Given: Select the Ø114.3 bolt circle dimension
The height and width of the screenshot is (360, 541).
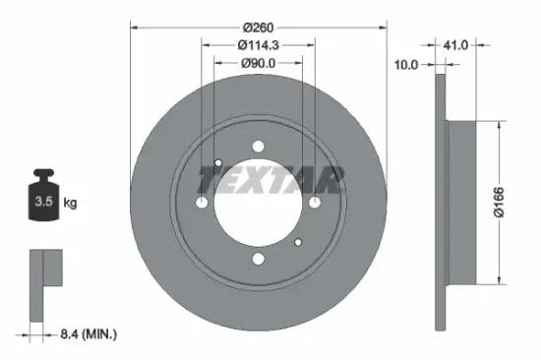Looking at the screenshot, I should coord(259,45).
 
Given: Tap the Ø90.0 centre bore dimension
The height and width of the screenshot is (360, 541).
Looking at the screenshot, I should coord(259,64).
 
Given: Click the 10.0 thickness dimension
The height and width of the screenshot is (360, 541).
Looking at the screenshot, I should coord(406,65).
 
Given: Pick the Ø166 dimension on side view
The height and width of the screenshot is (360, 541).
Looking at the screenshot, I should coord(514,203).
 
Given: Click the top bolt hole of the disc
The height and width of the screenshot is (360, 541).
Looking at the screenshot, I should coord(258,147).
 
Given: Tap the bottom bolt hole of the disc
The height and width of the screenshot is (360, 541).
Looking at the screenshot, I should coord(258,259).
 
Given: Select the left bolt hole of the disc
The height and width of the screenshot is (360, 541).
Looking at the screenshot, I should coord(202,203).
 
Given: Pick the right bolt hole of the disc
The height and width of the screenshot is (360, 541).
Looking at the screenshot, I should coord(315,203).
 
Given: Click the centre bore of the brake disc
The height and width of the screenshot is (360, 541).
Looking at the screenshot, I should coord(258,203).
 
